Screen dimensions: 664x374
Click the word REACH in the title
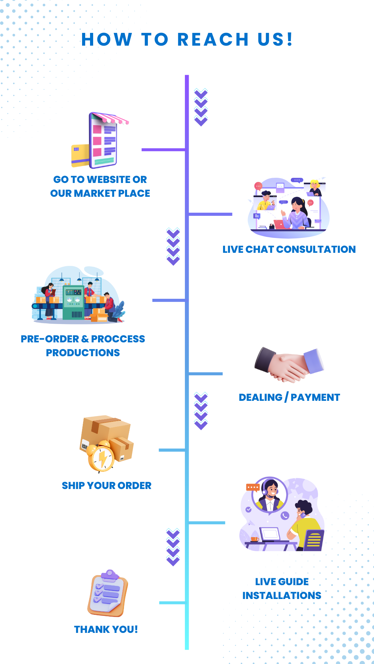coord(213,39)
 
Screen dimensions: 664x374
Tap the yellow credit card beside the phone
coord(80,155)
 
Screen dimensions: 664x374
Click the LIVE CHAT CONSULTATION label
coord(289,249)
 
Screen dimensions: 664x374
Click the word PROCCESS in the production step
coord(118,339)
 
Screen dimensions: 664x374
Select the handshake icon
coord(289,365)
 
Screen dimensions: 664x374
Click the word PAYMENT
coord(315,397)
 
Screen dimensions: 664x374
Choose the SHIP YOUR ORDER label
coord(107,486)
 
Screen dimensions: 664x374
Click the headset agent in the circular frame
coord(270,495)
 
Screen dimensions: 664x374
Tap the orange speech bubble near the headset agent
coord(252,487)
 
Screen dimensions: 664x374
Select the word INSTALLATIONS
coord(282,596)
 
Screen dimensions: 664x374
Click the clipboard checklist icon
coord(108,593)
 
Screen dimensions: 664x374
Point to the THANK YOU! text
coord(106,629)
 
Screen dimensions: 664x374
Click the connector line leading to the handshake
coord(206,374)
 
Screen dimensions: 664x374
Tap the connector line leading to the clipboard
coord(172,603)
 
